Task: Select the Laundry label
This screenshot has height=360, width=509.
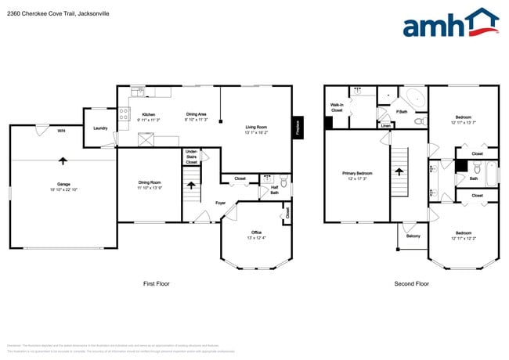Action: pos(100,128)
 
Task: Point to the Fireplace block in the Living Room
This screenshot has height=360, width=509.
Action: pos(298,128)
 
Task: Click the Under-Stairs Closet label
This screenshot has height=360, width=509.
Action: pos(191,157)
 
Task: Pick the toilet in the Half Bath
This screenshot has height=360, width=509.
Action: pos(283,184)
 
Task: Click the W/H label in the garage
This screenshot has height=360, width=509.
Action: pos(61,131)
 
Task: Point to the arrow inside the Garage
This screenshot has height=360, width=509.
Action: pos(62,160)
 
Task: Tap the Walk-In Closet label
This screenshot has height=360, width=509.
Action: pos(337,107)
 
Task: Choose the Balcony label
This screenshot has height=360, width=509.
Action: pos(412,235)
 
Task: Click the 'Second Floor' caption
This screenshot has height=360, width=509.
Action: pos(411,283)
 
